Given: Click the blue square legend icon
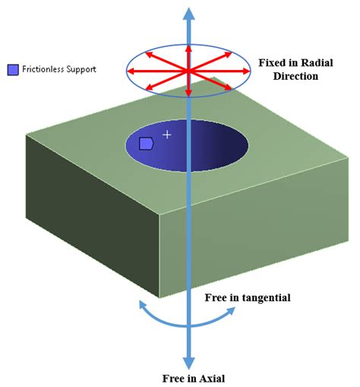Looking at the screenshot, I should point(12,69).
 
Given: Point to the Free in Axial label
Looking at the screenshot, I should point(194,378).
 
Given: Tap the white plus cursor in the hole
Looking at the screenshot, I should point(167,135).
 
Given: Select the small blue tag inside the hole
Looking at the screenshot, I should point(146,142).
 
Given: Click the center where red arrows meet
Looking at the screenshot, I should point(188,71).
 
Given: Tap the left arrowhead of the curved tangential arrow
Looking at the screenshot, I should point(141,305).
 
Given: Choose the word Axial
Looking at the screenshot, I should point(210,378).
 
